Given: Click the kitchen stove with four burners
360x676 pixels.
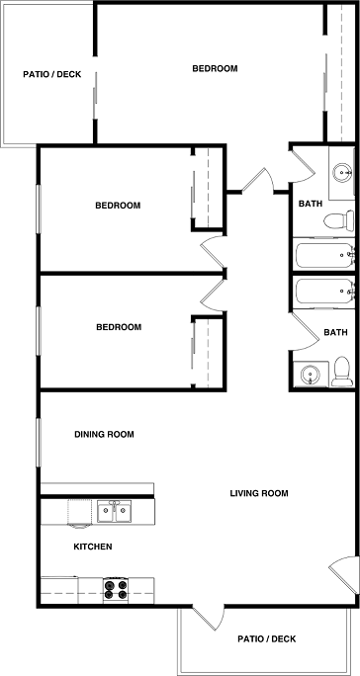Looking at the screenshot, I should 116,590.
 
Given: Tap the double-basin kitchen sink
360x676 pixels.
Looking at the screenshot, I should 115,511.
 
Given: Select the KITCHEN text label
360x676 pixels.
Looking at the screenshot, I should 93,547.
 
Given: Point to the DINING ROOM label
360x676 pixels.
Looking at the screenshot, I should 105,434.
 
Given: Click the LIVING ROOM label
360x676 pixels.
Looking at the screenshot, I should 259,493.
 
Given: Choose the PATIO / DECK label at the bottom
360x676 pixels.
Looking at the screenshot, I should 267,638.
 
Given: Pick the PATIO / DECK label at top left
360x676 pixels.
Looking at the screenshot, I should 53,74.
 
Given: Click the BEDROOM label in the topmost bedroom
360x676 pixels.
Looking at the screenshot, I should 215,68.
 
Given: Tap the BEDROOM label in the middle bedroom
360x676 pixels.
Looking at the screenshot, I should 118,206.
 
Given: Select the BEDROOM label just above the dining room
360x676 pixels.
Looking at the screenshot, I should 118,327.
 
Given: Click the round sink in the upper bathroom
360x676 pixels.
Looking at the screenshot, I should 342,173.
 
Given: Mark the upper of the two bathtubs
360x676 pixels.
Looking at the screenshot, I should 324,256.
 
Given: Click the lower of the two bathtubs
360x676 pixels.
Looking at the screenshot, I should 324,294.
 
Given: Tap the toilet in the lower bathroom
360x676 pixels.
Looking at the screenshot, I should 342,371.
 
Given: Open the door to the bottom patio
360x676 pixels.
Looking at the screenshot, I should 205,616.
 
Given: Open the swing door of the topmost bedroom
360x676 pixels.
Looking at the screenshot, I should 257,181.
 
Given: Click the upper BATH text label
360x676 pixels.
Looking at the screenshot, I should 310,205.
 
